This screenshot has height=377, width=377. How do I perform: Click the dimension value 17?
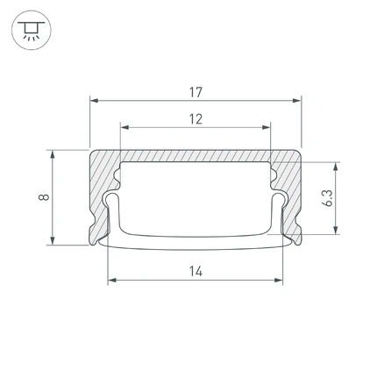[x=196, y=92]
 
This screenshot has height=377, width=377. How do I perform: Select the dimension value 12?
[x=196, y=119]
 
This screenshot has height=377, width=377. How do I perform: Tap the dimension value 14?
[x=196, y=272]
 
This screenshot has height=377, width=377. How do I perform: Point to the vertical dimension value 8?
[x=44, y=197]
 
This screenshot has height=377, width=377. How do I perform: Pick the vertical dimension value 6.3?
[x=329, y=198]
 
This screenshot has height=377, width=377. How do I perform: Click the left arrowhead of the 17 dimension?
[x=94, y=101]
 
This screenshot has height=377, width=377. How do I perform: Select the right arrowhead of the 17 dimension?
[x=297, y=101]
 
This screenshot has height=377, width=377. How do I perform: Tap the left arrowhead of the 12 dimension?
[x=124, y=127]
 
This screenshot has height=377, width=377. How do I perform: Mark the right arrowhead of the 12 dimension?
[x=267, y=127]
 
